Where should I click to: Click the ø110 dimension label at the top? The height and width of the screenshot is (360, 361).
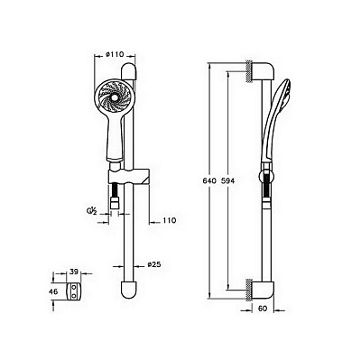click(115, 54)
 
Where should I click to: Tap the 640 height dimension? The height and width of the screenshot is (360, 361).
click(209, 181)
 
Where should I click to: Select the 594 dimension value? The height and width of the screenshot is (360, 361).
click(227, 181)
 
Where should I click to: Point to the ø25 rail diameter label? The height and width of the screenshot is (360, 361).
click(154, 264)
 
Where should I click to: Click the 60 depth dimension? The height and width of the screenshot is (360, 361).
click(263, 309)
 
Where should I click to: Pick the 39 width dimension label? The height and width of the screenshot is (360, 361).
click(73, 272)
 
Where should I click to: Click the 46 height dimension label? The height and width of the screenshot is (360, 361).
click(53, 291)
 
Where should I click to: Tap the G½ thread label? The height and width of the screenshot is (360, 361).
click(91, 211)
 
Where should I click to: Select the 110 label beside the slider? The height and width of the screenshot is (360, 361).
click(169, 220)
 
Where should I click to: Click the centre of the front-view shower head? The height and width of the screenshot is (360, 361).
click(114, 97)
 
